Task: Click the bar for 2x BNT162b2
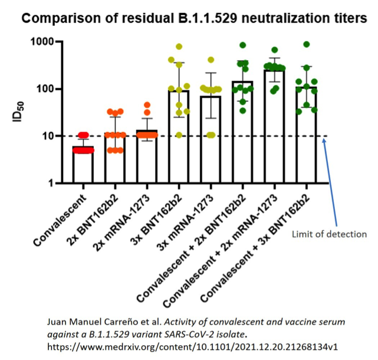point(116,159)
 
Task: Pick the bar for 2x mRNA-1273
point(147,157)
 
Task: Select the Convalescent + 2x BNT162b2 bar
point(243,132)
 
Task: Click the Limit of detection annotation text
point(330,234)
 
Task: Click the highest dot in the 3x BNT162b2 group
point(179,46)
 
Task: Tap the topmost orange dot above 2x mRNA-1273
point(147,105)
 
